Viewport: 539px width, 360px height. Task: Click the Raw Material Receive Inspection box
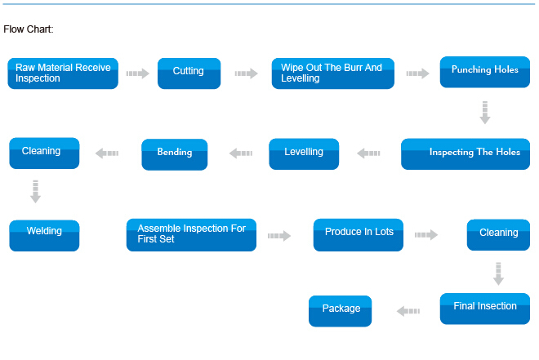[63, 73]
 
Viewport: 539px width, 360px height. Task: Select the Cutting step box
[189, 73]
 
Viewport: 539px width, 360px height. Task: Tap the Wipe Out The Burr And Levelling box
[332, 73]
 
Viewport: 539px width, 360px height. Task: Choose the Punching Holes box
[484, 72]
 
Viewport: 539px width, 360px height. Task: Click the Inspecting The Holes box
[465, 154]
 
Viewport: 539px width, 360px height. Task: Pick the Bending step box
[175, 154]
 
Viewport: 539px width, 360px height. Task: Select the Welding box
[44, 235]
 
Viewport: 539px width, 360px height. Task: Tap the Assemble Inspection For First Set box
[191, 235]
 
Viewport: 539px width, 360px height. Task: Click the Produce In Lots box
[359, 235]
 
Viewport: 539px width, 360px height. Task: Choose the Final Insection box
[484, 309]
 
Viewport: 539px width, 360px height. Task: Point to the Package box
[340, 311]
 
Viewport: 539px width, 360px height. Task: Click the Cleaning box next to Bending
[44, 153]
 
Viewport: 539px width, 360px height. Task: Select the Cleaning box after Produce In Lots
[498, 234]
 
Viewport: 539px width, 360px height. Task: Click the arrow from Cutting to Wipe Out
[246, 73]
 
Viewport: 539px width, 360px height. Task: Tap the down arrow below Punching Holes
[485, 113]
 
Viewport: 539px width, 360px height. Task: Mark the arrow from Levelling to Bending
[241, 153]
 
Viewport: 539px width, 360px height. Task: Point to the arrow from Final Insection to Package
[408, 311]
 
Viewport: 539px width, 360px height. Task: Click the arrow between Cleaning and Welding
[35, 191]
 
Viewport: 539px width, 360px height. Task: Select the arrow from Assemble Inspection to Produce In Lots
[279, 236]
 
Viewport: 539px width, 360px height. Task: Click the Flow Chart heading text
[29, 29]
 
